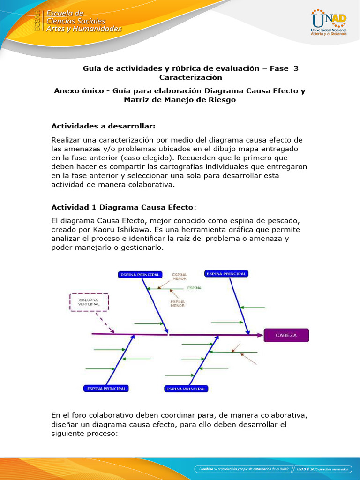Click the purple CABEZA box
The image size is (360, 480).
tap(286, 335)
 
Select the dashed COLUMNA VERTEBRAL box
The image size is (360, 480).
tap(89, 302)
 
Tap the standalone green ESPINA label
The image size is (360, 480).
tap(195, 287)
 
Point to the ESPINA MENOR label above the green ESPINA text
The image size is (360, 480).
tap(180, 276)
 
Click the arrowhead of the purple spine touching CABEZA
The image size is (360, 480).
tap(260, 335)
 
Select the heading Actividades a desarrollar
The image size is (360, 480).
tap(103, 126)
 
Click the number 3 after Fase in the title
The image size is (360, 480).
tap(296, 68)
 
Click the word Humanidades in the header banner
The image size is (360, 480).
tap(93, 29)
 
